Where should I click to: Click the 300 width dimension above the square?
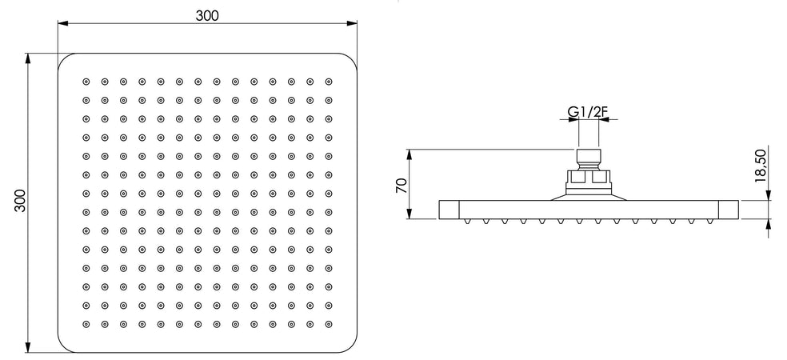207,15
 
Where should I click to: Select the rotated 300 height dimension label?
19,200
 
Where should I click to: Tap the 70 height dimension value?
401,185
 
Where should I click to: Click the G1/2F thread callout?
589,112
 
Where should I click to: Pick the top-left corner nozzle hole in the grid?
86,82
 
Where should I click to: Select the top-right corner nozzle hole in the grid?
329,82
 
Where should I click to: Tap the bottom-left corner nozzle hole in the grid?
86,324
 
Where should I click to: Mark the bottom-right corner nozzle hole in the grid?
329,324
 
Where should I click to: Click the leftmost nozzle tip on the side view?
467,221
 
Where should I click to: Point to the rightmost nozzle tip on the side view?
709,221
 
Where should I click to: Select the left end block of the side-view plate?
449,210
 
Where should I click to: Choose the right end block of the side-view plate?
729,210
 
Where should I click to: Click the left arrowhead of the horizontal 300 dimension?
62,23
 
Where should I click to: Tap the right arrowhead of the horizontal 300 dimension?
352,23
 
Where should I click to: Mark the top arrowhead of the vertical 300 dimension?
28,58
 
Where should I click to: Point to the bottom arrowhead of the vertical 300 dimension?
28,347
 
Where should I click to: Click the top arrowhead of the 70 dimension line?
409,154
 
